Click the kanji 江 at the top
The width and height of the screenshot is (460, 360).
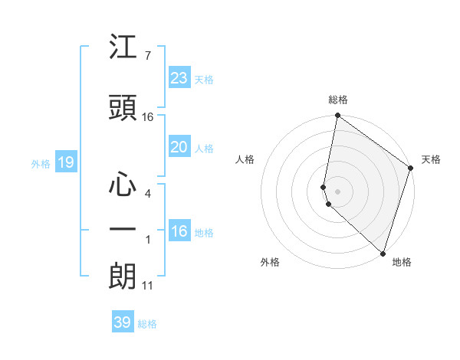[x=123, y=48]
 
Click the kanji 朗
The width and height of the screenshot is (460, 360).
[x=123, y=277]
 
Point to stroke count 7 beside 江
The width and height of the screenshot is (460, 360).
[x=147, y=55]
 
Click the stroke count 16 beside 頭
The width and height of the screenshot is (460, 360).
[x=148, y=117]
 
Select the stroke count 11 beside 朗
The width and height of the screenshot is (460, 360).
[x=148, y=286]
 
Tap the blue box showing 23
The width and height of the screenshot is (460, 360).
[x=179, y=78]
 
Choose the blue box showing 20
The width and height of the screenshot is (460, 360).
[x=179, y=147]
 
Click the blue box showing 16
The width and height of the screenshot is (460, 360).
[x=179, y=231]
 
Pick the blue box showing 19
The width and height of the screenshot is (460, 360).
[x=65, y=162]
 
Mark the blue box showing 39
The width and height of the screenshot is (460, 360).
[x=122, y=322]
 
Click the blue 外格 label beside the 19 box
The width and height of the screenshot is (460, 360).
[x=41, y=163]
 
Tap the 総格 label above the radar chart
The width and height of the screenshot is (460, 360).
[x=338, y=100]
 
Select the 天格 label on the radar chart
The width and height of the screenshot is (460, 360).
[x=431, y=159]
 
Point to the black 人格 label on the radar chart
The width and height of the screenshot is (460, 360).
[x=245, y=159]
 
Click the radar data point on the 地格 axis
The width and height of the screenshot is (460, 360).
[x=382, y=254]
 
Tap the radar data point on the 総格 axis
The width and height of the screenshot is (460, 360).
[x=337, y=116]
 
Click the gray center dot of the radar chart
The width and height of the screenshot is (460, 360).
[x=337, y=191]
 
